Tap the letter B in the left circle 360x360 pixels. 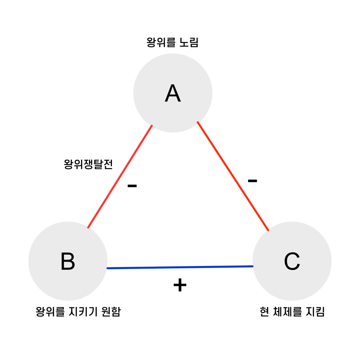click(68, 261)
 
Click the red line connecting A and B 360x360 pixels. click(120, 177)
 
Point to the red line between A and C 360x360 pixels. click(233, 176)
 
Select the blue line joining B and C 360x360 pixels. click(180, 267)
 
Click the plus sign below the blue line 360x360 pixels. click(180, 285)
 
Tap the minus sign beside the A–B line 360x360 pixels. click(132, 186)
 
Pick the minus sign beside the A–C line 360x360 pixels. click(252, 181)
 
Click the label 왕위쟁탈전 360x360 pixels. click(88, 164)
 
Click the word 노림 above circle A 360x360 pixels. click(189, 43)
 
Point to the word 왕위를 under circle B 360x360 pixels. click(50, 312)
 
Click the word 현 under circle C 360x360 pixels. click(264, 312)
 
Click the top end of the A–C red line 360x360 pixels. click(198, 123)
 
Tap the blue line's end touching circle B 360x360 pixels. click(108, 268)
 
